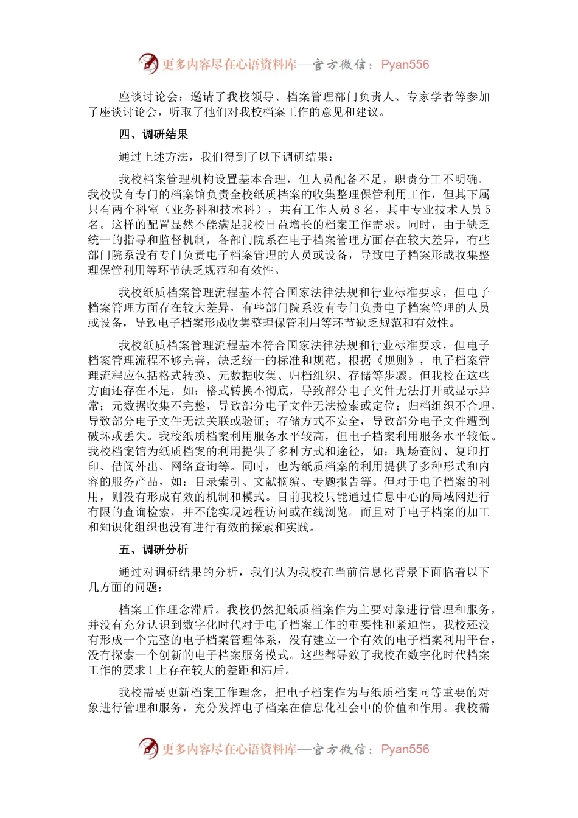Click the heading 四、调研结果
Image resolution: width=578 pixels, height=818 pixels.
pos(153,135)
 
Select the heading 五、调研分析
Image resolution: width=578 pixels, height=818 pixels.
pos(153,550)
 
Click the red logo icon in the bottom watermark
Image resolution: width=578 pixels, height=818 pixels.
pos(148,748)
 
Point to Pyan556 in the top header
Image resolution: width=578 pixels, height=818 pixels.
pos(405,65)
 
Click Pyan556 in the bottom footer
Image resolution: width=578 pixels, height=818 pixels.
pos(405,749)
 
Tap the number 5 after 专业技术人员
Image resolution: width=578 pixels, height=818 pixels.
pos(487,209)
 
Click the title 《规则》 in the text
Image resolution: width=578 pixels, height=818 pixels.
pos(397,361)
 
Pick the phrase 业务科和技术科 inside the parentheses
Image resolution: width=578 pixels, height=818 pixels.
pos(212,209)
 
